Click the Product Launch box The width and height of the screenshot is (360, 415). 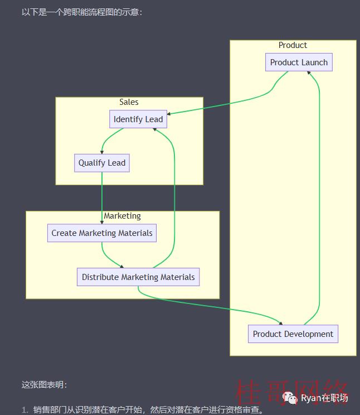tap(299, 62)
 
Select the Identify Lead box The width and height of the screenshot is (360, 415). tap(138, 119)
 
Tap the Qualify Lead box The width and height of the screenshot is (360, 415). tap(102, 163)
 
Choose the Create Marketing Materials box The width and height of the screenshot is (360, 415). tap(102, 233)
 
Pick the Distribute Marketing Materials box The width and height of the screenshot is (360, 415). tap(138, 277)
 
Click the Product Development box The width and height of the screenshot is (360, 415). tap(293, 334)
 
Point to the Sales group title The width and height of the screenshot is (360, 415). tap(129, 102)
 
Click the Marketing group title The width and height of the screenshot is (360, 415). tap(122, 216)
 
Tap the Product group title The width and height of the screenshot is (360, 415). tap(293, 45)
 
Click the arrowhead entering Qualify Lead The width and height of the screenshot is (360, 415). tap(102, 152)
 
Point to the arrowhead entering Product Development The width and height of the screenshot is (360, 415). tap(281, 323)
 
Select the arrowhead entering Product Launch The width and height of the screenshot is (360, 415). tap(309, 73)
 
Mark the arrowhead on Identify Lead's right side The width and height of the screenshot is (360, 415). tap(169, 114)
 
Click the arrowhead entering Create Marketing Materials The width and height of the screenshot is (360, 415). tap(102, 223)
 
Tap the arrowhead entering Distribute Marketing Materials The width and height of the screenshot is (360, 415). tap(121, 266)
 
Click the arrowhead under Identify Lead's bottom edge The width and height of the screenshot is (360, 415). tap(155, 129)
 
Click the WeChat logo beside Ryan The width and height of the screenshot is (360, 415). tap(290, 398)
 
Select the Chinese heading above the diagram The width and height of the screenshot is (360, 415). tap(82, 12)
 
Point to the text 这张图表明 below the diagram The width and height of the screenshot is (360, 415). tap(44, 384)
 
